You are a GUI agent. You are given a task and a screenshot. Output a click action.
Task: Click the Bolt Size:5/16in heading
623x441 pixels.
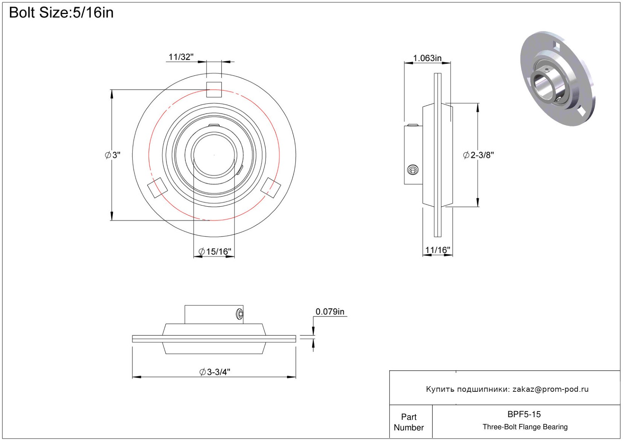pos(61,13)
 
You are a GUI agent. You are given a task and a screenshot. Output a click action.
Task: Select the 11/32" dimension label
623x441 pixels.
pos(181,57)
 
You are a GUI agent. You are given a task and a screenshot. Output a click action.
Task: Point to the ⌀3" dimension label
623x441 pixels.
pos(113,155)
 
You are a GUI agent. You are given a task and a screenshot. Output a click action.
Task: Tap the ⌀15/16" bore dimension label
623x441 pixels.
pos(214,251)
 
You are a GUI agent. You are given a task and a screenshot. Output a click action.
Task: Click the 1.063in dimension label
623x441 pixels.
pos(427,58)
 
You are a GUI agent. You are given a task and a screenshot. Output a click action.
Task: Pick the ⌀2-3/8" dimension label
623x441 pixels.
pos(479,155)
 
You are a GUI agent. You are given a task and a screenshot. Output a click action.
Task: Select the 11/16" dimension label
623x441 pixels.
pos(438,250)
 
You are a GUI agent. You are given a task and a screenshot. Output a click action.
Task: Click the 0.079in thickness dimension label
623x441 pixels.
pos(330,312)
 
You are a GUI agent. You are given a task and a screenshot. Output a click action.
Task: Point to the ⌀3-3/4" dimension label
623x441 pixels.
pos(215,372)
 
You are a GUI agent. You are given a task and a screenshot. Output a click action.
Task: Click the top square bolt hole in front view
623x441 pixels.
pos(214,90)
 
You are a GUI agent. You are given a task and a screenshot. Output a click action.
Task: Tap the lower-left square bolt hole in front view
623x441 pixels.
pos(157,188)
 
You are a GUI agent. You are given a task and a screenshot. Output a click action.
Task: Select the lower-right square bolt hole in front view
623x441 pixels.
pos(270,188)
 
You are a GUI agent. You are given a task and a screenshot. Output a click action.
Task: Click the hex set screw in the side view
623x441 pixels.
pos(413,170)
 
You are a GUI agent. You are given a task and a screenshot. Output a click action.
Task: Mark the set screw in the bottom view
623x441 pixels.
pos(240,314)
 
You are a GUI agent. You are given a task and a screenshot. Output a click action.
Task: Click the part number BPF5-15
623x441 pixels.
pos(524,414)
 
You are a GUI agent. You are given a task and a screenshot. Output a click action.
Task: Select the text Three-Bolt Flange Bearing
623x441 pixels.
pos(525,427)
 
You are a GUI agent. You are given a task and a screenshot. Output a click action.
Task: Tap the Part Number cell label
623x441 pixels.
pos(409,422)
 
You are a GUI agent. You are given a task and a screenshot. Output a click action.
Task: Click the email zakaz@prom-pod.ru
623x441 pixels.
pos(550,389)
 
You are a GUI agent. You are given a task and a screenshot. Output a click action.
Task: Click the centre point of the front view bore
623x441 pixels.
pos(214,155)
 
